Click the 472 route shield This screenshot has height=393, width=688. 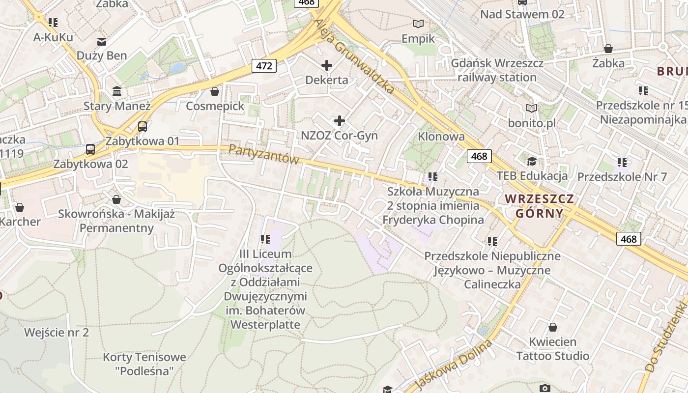pos(264,65)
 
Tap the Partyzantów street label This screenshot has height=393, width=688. pos(264,154)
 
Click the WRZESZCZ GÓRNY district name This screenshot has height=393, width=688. pos(540,206)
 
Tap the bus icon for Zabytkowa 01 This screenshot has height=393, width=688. pos(143,127)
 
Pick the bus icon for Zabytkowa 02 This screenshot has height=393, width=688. pos(90,149)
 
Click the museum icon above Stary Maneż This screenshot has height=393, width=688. pos(117,91)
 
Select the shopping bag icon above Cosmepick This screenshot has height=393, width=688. pos(215,91)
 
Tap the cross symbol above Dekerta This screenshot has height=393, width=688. pos(326,65)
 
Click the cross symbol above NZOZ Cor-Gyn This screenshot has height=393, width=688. pos(339,120)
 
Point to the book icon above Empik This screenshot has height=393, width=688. pos(418,24)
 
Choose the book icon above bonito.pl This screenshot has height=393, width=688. pos(531,108)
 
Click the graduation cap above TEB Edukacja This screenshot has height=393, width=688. pos(532,161)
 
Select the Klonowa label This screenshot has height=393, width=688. pos(441,136)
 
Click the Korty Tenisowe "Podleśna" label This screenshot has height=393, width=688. pos(144,364)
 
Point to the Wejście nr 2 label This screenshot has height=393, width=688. pos(57,333)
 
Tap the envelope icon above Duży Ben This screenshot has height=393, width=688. pos(102,41)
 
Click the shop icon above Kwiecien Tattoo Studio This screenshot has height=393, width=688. pos(553,327)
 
